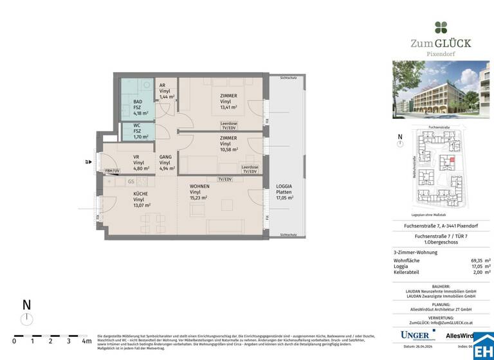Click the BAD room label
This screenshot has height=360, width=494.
click(x=137, y=102)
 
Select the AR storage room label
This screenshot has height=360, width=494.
click(x=163, y=85)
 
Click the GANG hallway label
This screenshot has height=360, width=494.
click(x=166, y=157)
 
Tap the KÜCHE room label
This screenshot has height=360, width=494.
click(x=140, y=194)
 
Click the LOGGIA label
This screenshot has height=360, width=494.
click(x=284, y=186)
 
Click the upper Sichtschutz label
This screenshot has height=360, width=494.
click(x=288, y=78)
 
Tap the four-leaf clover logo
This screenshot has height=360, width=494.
click(x=441, y=27)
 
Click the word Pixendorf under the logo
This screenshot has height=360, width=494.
click(x=441, y=55)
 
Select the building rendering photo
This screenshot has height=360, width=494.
click(x=441, y=90)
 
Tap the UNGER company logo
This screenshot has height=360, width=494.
click(x=415, y=335)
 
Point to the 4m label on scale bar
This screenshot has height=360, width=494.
click(x=86, y=341)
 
